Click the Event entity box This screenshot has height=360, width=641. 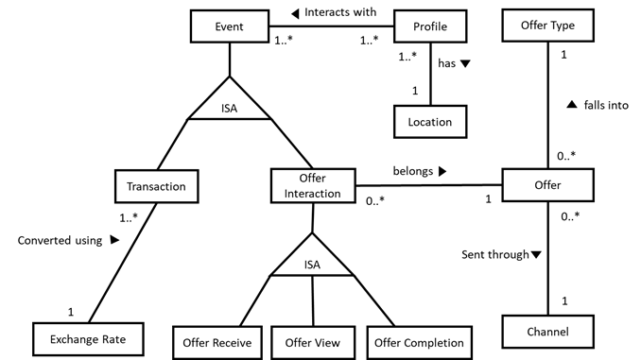coord(230,26)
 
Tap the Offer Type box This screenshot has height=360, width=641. coord(547,26)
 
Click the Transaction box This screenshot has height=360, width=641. coord(157,186)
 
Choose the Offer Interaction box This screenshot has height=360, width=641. coord(312,186)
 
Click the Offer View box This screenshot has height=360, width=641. coord(312,341)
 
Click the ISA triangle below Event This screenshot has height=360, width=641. coord(230,106)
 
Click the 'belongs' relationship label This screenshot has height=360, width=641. coord(417,173)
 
